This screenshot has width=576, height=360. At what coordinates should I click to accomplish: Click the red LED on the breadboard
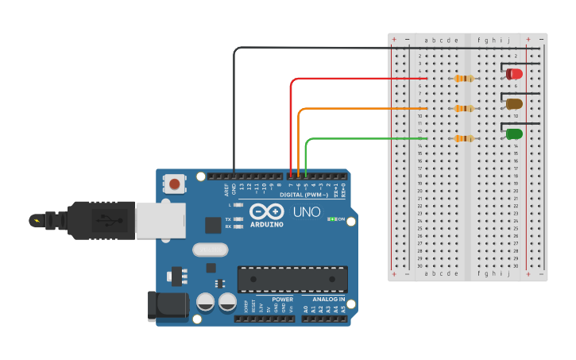(514, 74)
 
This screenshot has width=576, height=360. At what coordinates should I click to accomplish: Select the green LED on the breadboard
(514, 134)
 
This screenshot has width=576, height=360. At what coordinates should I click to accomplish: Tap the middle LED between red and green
(514, 103)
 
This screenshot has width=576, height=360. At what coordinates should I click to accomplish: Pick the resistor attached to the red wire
(463, 78)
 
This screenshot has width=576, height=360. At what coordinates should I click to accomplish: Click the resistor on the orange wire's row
(463, 108)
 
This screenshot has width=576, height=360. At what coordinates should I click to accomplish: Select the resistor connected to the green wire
(463, 138)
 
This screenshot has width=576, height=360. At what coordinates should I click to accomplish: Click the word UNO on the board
(307, 212)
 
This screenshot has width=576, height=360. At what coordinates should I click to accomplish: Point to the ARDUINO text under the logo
(266, 224)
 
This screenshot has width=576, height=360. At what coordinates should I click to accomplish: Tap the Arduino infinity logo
(266, 211)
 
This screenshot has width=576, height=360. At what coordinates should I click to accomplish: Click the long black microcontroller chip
(292, 279)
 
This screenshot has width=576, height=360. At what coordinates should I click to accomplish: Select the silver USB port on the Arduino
(160, 220)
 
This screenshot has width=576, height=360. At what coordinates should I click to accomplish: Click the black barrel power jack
(167, 306)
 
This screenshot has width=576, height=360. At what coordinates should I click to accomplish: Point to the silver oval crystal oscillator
(210, 250)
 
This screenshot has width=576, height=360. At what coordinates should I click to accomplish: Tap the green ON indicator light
(332, 219)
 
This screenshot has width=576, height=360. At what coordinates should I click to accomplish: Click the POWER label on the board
(282, 300)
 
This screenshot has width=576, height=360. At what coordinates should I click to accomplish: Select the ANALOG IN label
(327, 300)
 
